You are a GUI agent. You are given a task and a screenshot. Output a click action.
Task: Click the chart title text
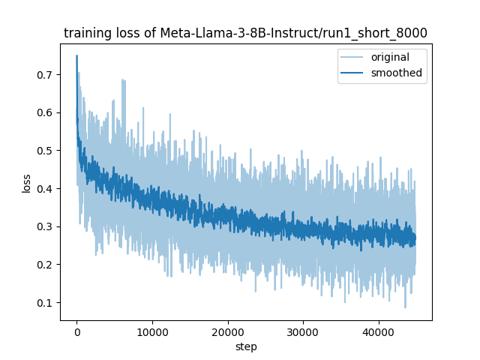pyautogui.click(x=245, y=33)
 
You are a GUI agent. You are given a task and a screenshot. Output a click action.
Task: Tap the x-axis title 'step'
pyautogui.click(x=246, y=347)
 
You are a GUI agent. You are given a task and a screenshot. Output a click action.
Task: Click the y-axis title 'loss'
pyautogui.click(x=26, y=182)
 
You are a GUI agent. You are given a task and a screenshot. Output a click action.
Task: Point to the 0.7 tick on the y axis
pyautogui.click(x=45, y=75)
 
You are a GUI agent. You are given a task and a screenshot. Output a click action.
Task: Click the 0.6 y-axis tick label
pyautogui.click(x=45, y=112)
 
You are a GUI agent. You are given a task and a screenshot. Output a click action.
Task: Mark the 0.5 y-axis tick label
pyautogui.click(x=45, y=151)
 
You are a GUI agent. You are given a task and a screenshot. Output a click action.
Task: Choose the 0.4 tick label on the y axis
pyautogui.click(x=45, y=189)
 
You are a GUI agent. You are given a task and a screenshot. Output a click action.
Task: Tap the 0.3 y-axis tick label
pyautogui.click(x=45, y=226)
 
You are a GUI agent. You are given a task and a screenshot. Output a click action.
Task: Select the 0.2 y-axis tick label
pyautogui.click(x=45, y=265)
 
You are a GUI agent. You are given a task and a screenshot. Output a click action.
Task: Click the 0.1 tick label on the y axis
pyautogui.click(x=45, y=303)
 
